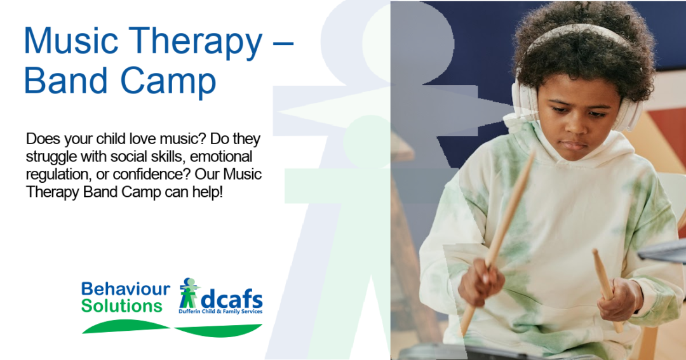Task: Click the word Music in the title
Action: click(x=71, y=41)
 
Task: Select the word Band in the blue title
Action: click(x=65, y=80)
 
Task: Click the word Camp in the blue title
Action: click(x=168, y=83)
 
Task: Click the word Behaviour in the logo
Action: click(x=126, y=289)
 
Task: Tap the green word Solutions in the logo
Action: click(x=121, y=306)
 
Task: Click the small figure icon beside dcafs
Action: click(x=189, y=293)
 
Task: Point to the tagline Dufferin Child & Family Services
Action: click(x=220, y=312)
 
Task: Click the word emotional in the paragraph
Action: click(x=221, y=157)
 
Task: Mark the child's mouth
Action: click(x=573, y=145)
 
